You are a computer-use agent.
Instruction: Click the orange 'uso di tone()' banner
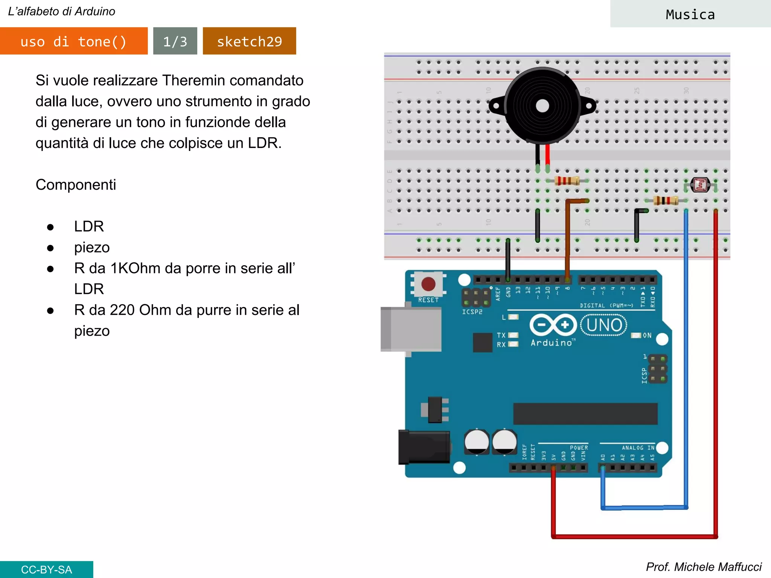click(74, 41)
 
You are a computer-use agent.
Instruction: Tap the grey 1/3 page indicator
click(175, 41)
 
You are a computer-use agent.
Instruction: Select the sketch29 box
click(249, 41)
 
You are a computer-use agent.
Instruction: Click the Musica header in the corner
click(690, 14)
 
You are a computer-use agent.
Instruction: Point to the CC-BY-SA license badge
click(46, 569)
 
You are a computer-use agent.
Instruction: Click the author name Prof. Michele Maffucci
click(703, 567)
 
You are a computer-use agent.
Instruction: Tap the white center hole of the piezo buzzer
click(542, 106)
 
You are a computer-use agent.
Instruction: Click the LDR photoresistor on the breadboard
click(700, 185)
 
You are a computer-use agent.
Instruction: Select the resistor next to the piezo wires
click(567, 181)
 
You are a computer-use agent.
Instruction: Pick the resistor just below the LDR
click(666, 200)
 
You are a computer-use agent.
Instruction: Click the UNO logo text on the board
click(604, 325)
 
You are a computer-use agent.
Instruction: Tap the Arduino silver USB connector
click(411, 329)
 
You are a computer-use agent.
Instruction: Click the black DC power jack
click(424, 447)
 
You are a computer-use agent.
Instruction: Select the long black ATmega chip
click(585, 414)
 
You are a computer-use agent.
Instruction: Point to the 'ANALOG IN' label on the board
click(638, 447)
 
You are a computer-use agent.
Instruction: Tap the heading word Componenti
click(76, 185)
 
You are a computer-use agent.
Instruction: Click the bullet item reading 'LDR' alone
click(89, 227)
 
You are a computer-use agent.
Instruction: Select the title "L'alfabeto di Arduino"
click(62, 11)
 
